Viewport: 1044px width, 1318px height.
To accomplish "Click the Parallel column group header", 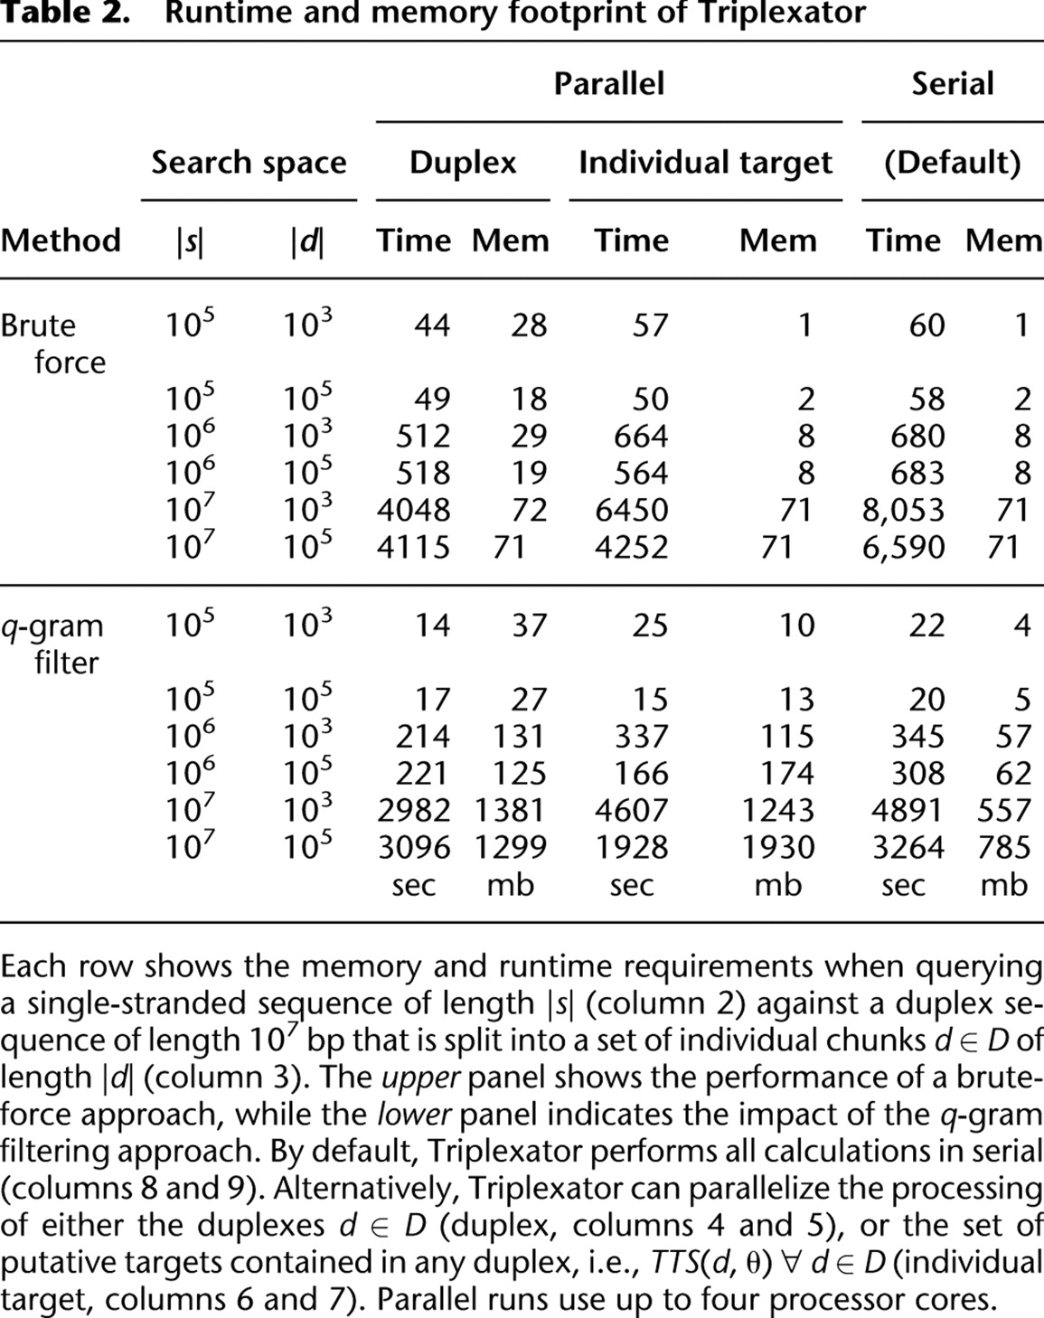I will pyautogui.click(x=608, y=84).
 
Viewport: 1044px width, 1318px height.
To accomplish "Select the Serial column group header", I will pyautogui.click(x=952, y=84).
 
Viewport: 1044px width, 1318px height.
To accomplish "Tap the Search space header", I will pyautogui.click(x=249, y=163).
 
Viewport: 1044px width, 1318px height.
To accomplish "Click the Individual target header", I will pyautogui.click(x=705, y=163).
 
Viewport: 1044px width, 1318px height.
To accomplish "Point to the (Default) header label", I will pyautogui.click(x=952, y=163).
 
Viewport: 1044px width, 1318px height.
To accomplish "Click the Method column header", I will pyautogui.click(x=61, y=240).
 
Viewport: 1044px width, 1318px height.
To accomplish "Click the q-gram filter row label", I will pyautogui.click(x=52, y=644).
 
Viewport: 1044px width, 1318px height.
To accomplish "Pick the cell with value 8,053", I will pyautogui.click(x=903, y=510).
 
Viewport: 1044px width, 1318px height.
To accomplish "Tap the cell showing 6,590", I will pyautogui.click(x=903, y=547).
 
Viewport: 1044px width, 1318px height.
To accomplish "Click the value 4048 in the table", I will pyautogui.click(x=413, y=510).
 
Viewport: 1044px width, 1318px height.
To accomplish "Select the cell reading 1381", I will pyautogui.click(x=510, y=810).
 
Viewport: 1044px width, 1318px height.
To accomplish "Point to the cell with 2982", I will pyautogui.click(x=413, y=810).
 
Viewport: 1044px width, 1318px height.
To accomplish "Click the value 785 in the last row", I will pyautogui.click(x=1003, y=847).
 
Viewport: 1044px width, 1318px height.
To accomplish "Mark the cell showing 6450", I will pyautogui.click(x=631, y=510).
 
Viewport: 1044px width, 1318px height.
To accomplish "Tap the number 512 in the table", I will pyautogui.click(x=422, y=436).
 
